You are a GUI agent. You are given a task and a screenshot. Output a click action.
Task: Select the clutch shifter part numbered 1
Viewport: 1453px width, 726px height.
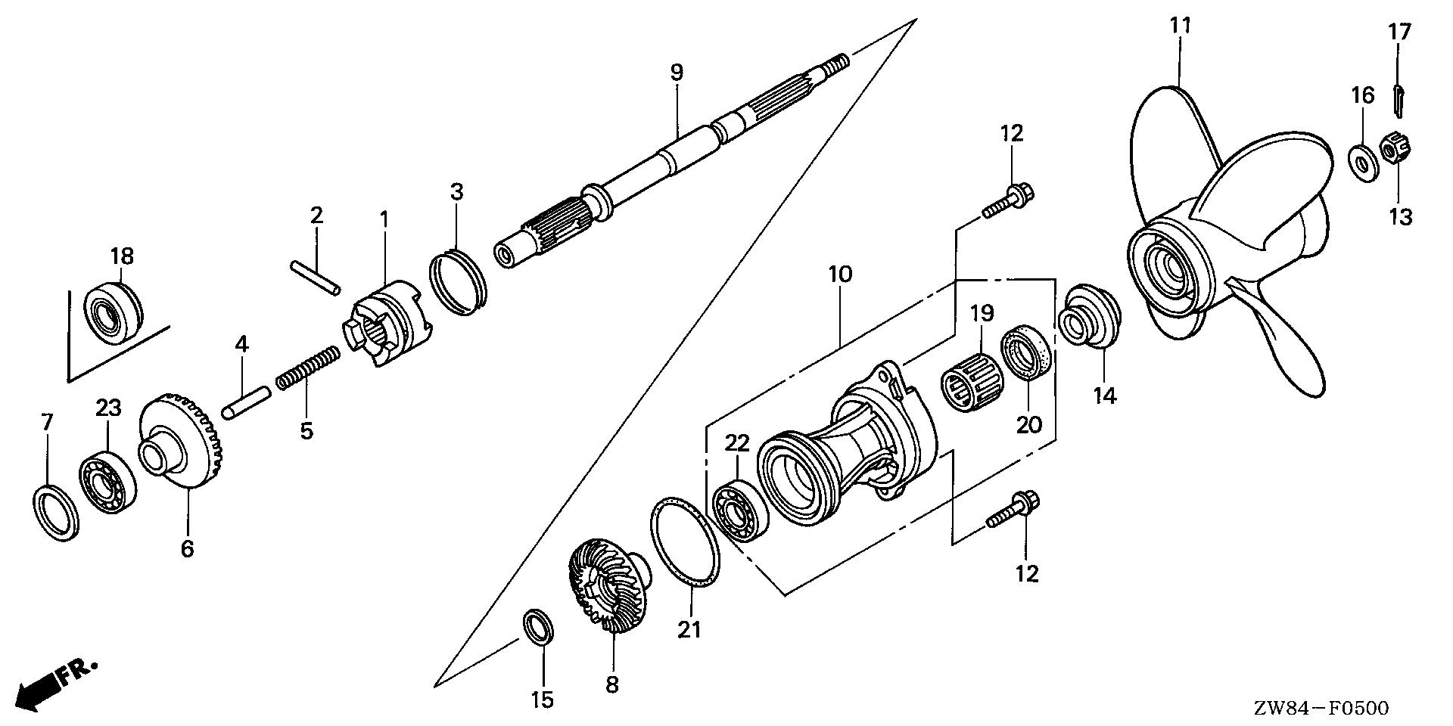tap(387, 325)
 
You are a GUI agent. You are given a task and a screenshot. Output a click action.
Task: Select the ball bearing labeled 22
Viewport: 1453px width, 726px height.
tap(740, 509)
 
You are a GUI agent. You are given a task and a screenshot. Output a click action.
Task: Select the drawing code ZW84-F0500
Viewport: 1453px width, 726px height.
tap(1320, 709)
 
